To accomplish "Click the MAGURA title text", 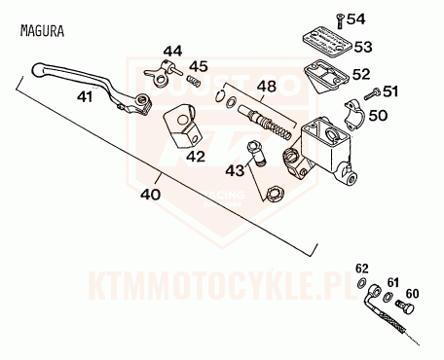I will coord(41,30).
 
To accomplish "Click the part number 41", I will coord(85,96).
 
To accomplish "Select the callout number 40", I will coord(150,194).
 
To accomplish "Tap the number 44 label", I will coord(172,51).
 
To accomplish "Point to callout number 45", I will coord(199,66).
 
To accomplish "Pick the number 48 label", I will coord(265,87).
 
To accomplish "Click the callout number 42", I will coord(195,156).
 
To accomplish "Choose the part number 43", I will coord(235,171).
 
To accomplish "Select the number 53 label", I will coord(362,46).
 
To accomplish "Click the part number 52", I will coord(360,73).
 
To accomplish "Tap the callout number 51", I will coord(391,91).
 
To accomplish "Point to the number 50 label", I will coord(379,115).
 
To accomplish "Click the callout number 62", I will coord(362,269).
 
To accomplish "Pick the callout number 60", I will coord(411,292).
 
